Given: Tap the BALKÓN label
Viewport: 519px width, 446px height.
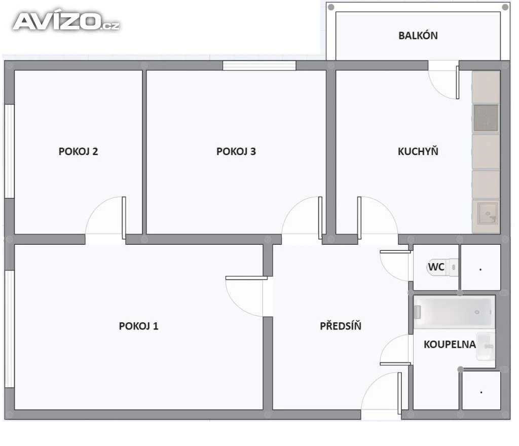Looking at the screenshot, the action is [418, 35].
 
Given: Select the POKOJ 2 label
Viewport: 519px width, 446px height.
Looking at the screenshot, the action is [78, 152].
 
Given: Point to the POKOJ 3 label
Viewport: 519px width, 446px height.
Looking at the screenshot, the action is [236, 152].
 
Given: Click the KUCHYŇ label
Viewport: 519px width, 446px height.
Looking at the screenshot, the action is [418, 151].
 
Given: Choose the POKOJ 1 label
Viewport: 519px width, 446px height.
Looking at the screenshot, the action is [138, 326].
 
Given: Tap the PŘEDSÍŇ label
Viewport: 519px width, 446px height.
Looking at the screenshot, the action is [340, 325].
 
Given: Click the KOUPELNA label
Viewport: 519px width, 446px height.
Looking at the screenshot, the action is [450, 345].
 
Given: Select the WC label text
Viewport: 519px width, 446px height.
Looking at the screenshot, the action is [436, 267].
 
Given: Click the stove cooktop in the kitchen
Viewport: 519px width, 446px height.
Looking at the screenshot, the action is [486, 118].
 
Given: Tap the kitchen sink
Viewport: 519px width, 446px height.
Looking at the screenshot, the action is [488, 213].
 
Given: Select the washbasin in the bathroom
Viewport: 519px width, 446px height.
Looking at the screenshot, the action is [485, 347].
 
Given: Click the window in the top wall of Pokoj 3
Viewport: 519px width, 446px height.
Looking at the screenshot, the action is [259, 65].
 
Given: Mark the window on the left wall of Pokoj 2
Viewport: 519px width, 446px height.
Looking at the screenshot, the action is [10, 152].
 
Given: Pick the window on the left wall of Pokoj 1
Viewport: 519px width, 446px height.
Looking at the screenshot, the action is [10, 329].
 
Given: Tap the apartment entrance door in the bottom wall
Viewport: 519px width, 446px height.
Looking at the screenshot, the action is [381, 396].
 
